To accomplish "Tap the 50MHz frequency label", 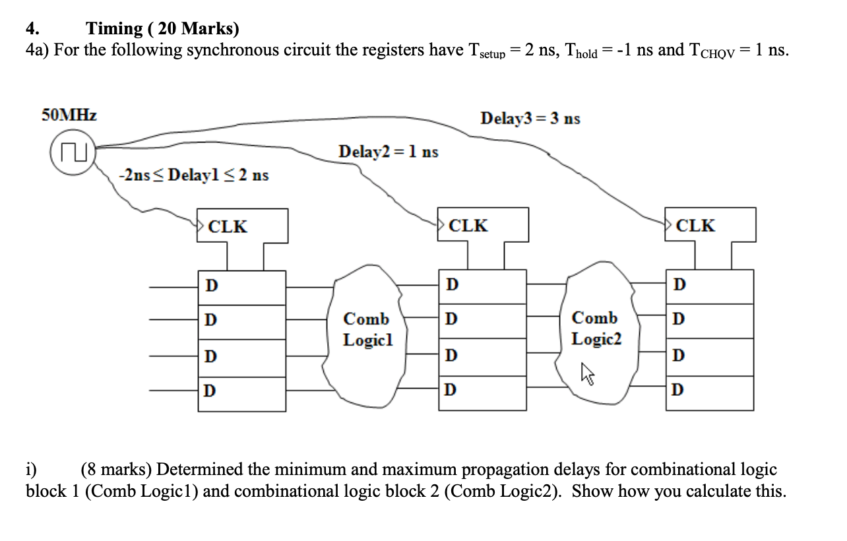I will tap(69, 115).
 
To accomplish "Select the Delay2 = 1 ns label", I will tap(388, 152).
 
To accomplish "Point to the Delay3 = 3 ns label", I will tap(530, 119).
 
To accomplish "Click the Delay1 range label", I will tap(193, 175).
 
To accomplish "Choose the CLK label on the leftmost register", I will tap(228, 226).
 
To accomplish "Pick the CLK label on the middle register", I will tap(468, 226).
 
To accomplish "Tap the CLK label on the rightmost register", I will tap(696, 226).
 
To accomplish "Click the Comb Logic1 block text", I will tap(367, 330).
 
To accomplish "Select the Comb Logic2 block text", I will tap(595, 329).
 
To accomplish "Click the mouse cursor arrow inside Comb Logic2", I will tap(587, 375).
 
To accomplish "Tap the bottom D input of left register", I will tap(210, 391).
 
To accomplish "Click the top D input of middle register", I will tap(451, 285).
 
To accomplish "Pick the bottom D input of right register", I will tap(679, 389).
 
